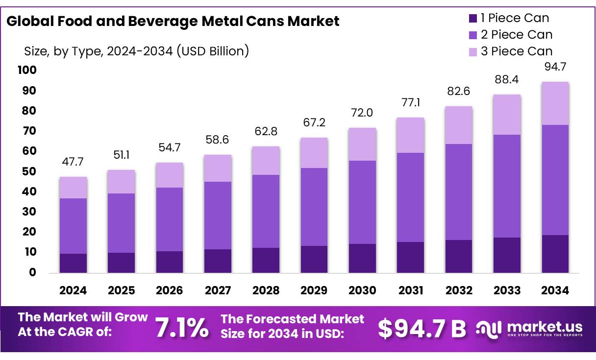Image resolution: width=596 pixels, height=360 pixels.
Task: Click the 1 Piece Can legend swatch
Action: (x=473, y=19)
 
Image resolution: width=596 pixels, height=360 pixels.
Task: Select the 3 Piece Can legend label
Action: (x=516, y=51)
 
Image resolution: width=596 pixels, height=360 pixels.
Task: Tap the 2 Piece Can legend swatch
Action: (x=473, y=35)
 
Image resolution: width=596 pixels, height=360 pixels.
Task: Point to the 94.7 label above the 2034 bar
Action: (x=555, y=67)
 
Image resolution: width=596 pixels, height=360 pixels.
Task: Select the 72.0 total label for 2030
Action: (x=362, y=113)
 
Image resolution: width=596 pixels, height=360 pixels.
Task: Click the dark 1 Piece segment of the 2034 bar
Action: (x=555, y=254)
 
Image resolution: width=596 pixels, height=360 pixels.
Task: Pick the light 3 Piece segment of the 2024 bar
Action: (x=73, y=188)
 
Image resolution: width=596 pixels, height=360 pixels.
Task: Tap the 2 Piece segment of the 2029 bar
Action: (x=314, y=207)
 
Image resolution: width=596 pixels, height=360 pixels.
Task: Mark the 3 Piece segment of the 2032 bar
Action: (x=459, y=125)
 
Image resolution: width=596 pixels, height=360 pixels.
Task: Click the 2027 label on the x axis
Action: (x=218, y=290)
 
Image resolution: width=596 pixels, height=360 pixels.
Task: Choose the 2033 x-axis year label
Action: (x=507, y=290)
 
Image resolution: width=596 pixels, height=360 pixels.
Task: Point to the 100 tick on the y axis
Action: (x=27, y=71)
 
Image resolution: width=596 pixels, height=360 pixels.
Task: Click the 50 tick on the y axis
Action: (x=29, y=171)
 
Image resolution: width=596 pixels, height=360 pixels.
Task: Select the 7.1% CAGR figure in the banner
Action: (x=182, y=328)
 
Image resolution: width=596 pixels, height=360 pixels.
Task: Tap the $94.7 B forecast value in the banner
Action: (x=422, y=329)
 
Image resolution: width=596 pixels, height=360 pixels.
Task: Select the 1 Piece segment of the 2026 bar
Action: (x=169, y=262)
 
